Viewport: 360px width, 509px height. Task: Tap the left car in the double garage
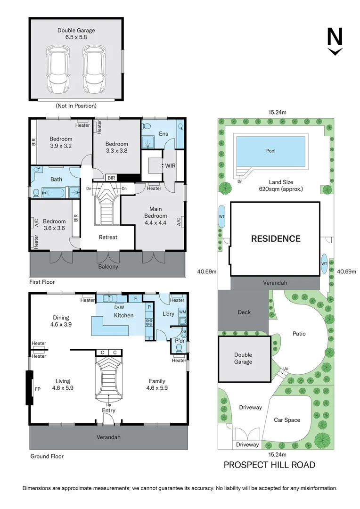[x=57, y=70]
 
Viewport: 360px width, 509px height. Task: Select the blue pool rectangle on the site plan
[x=270, y=151]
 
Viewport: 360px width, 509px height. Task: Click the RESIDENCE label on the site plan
[x=275, y=238]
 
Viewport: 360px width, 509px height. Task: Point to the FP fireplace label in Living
[x=38, y=389]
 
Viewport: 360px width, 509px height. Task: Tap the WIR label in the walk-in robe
[x=169, y=166]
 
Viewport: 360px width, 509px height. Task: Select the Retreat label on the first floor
[x=108, y=237]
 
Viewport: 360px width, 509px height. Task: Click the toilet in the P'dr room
[x=178, y=348]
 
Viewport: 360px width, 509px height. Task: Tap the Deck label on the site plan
[x=244, y=312]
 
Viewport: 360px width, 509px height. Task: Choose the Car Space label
[x=287, y=420]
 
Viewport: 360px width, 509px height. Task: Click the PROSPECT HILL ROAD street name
[x=269, y=465]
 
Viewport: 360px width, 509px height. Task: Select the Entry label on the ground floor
[x=109, y=410]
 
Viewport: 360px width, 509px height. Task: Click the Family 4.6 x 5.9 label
[x=157, y=385]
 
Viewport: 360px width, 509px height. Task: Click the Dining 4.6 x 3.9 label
[x=61, y=321]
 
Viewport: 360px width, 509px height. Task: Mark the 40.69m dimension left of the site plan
[x=207, y=271]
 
